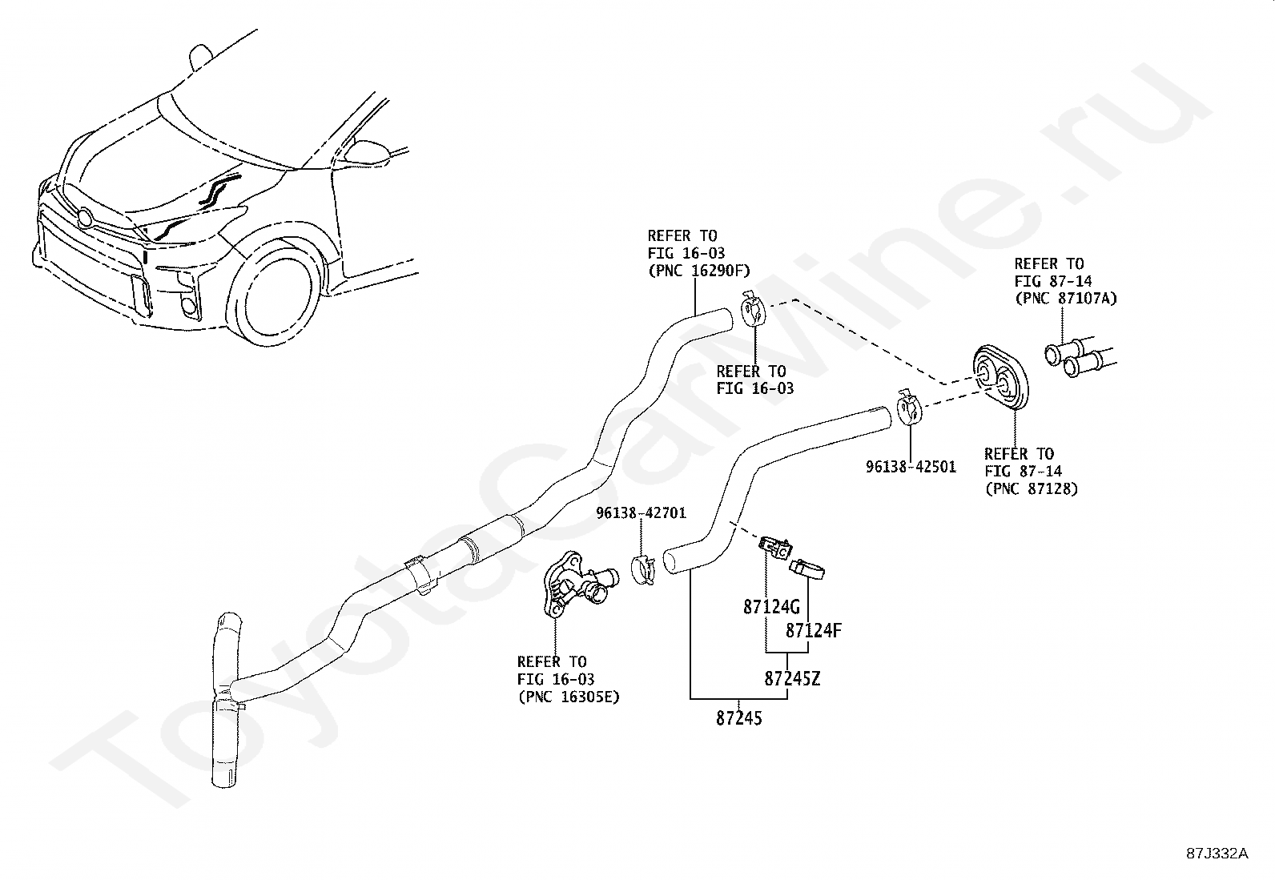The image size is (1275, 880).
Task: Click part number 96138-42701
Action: pos(640,513)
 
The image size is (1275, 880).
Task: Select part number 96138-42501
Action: pos(910,466)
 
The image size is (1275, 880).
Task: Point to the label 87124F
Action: pos(813,631)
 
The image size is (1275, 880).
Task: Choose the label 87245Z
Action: pos(792,679)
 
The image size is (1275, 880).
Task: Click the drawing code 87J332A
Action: pos(1217,853)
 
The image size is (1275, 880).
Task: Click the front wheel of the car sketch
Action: pos(276,296)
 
